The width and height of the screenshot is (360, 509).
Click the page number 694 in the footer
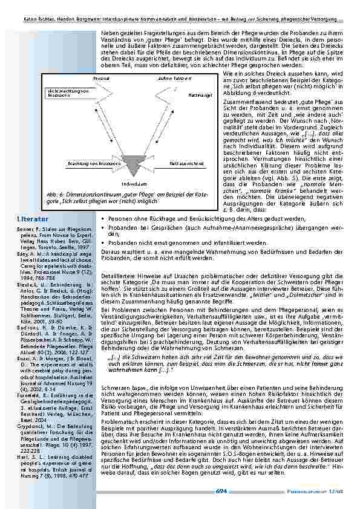(x=221, y=490)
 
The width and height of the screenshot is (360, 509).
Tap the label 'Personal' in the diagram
(x=101, y=79)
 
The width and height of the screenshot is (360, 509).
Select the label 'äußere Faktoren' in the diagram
(x=170, y=79)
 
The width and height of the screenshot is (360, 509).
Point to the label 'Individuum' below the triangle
(x=130, y=183)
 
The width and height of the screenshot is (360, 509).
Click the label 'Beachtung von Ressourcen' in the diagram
(x=88, y=164)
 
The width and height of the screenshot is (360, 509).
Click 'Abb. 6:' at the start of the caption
(x=54, y=194)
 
